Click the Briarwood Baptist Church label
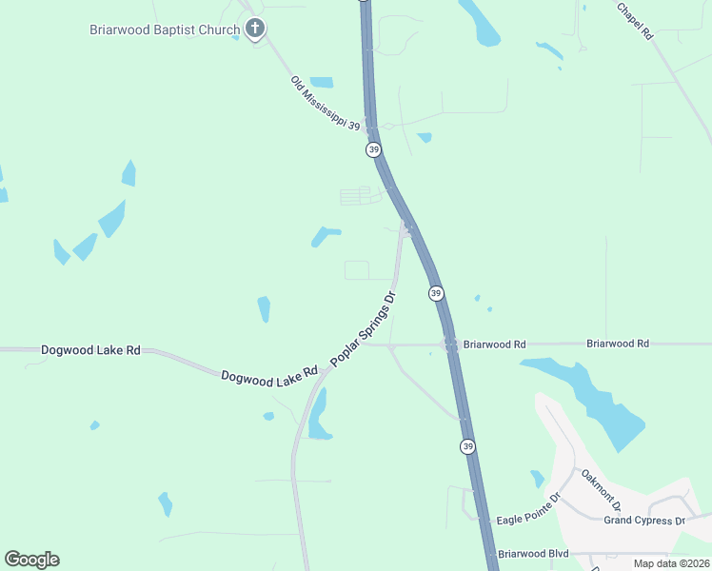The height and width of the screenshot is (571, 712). pos(164,30)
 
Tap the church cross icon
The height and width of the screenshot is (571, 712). pos(254,29)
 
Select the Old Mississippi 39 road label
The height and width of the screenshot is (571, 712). pos(326,105)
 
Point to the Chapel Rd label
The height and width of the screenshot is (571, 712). pos(635,20)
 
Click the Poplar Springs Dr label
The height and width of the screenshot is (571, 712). pos(363,329)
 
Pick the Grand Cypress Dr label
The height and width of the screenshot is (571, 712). pos(644,521)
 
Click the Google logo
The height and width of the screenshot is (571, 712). pos(31,559)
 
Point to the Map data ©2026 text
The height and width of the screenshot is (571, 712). pos(670,562)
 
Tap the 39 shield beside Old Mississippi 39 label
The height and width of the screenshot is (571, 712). pos(374,150)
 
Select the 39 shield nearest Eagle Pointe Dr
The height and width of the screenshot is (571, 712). pos(466,445)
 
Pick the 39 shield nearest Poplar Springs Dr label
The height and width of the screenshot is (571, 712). pos(435,293)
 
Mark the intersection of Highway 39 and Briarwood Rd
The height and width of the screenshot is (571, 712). pos(451,345)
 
